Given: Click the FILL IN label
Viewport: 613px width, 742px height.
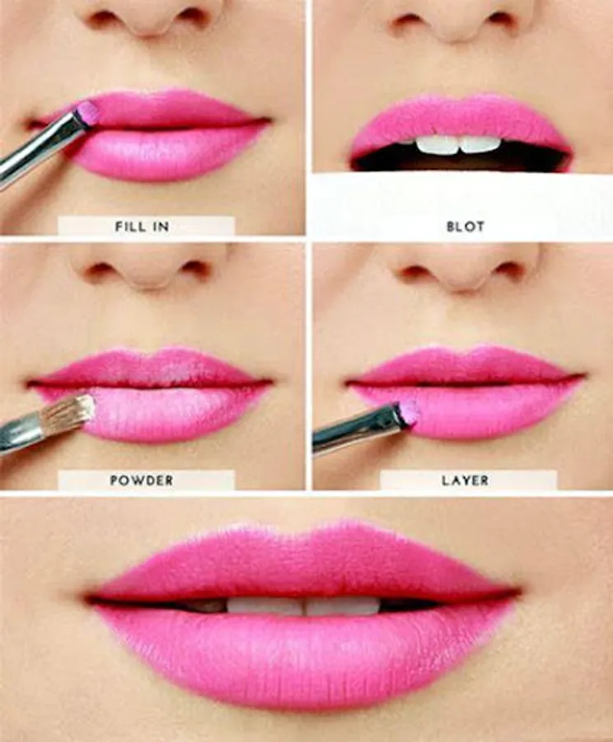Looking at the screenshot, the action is (x=142, y=227).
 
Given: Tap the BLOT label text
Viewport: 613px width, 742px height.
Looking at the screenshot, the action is (x=466, y=227).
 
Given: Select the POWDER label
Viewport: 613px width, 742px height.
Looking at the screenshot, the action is (x=142, y=481).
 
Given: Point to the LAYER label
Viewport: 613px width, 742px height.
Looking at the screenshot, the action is (x=465, y=481).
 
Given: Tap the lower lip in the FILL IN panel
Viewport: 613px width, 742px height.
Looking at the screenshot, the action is (x=166, y=153).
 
